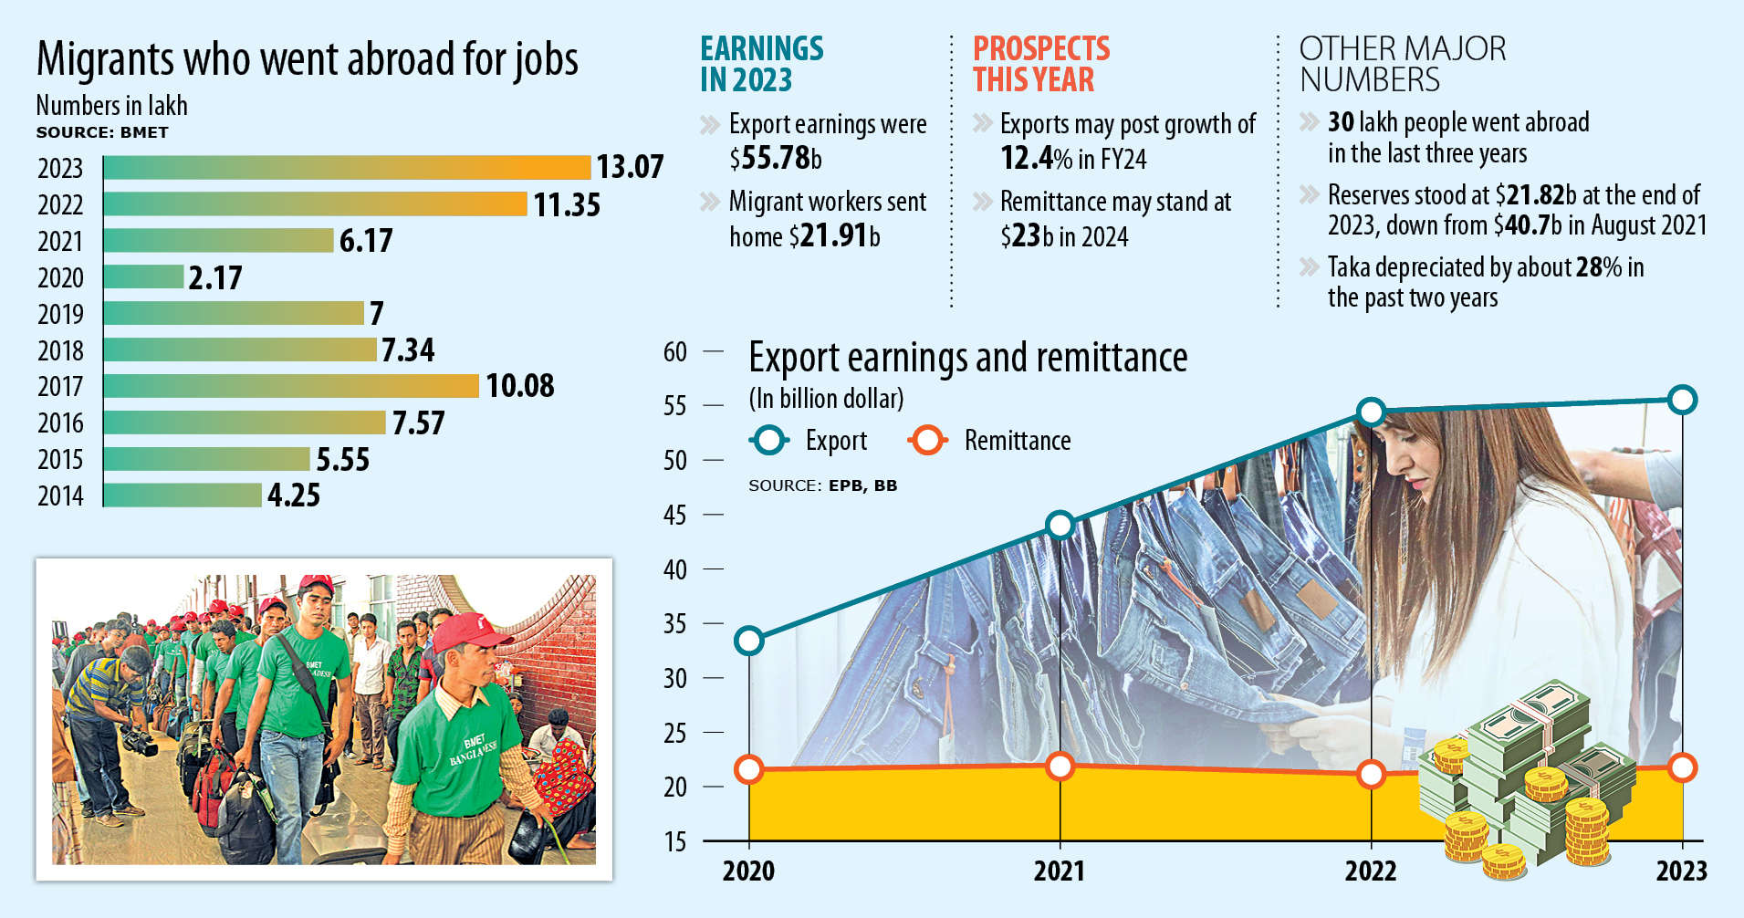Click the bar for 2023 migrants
point(347,168)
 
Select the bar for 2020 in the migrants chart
point(143,276)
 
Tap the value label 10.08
point(519,386)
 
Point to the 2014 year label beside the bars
point(60,496)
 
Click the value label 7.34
point(408,349)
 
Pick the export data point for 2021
point(1060,526)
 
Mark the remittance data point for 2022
point(1371,775)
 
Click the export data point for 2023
point(1682,400)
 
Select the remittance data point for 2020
point(748,769)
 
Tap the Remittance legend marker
point(926,441)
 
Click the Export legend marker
point(768,441)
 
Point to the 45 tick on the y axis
point(675,516)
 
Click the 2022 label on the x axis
point(1370,871)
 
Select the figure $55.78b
point(776,159)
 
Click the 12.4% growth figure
point(1036,159)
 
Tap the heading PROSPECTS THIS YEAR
point(1040,64)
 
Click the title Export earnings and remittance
point(967,358)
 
